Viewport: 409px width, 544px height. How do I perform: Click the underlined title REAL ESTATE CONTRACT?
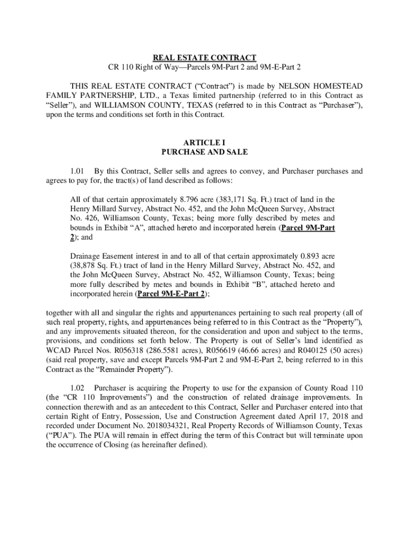204,57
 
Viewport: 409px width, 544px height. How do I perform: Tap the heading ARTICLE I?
204,142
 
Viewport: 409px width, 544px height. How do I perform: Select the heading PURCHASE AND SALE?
204,152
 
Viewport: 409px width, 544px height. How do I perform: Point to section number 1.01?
78,171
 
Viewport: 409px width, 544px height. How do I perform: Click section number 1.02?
78,388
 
